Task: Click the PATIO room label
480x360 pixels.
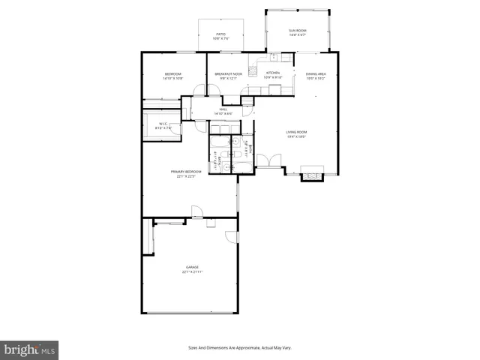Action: click(x=220, y=34)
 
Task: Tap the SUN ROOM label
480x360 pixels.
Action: click(x=298, y=31)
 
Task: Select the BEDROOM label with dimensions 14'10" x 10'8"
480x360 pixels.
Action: click(x=173, y=74)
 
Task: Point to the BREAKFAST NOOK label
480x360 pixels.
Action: click(x=228, y=74)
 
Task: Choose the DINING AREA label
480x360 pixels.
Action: click(x=316, y=74)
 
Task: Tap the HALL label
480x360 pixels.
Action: click(x=223, y=110)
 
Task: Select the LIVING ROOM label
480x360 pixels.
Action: click(x=297, y=132)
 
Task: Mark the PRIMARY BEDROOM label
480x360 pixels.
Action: click(x=186, y=172)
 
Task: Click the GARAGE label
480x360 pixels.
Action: click(x=192, y=267)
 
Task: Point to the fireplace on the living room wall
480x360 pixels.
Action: click(x=311, y=173)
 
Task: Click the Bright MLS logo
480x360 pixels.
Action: click(x=29, y=349)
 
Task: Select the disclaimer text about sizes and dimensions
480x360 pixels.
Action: click(x=239, y=347)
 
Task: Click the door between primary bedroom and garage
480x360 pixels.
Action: click(x=196, y=211)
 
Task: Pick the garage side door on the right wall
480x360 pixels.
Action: click(x=232, y=237)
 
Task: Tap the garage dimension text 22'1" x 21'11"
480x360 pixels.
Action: click(x=192, y=271)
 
